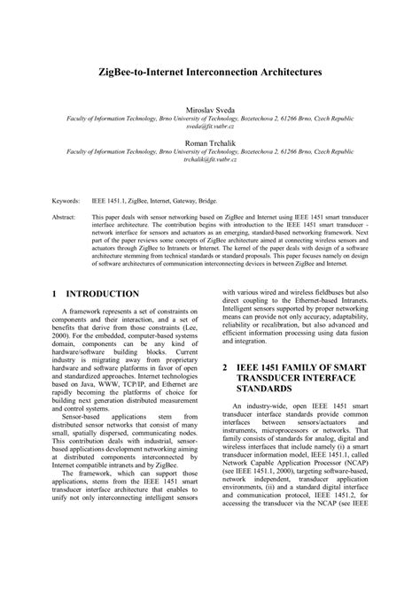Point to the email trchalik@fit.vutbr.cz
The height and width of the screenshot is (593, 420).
(x=209, y=161)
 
